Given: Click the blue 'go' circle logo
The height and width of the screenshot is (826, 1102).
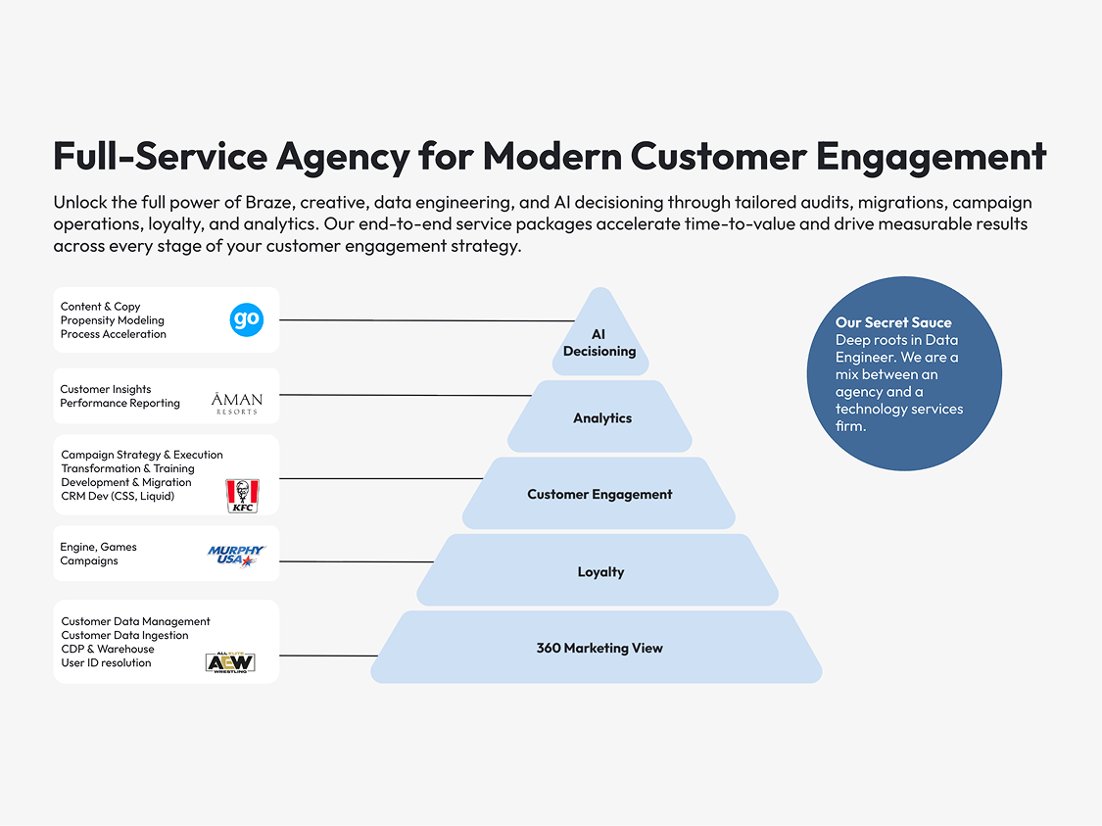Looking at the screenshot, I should [x=247, y=319].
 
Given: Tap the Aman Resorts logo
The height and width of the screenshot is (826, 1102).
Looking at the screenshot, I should [x=237, y=402].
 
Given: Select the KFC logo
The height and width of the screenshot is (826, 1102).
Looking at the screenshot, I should [x=241, y=495].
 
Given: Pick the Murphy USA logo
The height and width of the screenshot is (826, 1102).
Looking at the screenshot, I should [x=236, y=556].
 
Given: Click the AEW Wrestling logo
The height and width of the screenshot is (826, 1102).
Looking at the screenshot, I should [x=230, y=662].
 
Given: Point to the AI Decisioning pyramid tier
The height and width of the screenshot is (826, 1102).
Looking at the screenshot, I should [x=599, y=343].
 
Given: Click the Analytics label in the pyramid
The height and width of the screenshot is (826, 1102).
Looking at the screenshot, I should [x=602, y=418].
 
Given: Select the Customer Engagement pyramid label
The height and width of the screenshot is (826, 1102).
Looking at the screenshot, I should [x=599, y=495].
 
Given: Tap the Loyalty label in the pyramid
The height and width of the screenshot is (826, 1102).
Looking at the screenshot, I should [x=600, y=572].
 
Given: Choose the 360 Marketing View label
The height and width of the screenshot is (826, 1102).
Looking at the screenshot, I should [x=599, y=648].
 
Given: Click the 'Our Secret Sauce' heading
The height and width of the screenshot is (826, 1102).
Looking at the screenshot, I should [x=893, y=322].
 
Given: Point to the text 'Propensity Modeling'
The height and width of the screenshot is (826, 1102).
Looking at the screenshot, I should [x=113, y=320].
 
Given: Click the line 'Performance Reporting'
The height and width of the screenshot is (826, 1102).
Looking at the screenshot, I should [x=120, y=403].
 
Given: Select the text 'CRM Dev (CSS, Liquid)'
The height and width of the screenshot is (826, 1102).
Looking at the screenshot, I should [x=118, y=496].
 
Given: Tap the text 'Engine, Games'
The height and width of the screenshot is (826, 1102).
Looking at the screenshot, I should [x=99, y=547].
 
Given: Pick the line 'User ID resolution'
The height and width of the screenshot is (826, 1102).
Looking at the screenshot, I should [x=106, y=662].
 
